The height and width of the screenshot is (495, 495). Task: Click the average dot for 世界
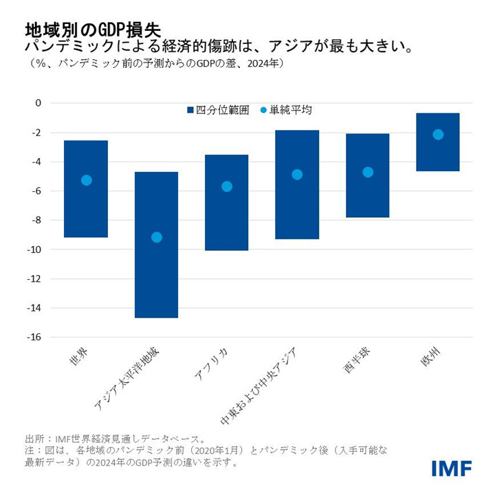tap(86, 180)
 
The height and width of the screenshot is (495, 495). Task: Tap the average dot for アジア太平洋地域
tap(156, 237)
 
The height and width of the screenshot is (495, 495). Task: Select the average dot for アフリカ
tap(227, 186)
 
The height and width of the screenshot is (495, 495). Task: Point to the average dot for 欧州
tap(438, 134)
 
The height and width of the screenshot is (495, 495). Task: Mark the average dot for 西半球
tap(368, 172)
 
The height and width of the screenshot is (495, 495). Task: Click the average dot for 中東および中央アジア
tap(297, 175)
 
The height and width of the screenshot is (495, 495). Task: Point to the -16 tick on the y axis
tap(34, 338)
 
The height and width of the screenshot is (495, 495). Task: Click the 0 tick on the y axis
tap(38, 103)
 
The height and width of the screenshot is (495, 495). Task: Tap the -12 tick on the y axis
tap(34, 279)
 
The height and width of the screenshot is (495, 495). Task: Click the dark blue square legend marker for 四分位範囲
tap(190, 110)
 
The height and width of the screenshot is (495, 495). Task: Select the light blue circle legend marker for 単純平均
tap(263, 110)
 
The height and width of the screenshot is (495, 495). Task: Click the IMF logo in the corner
tap(451, 469)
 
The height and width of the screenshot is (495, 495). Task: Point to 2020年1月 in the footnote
tap(235, 450)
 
